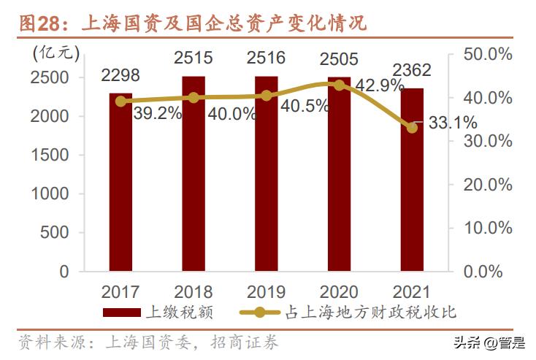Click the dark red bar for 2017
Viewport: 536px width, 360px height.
click(121, 183)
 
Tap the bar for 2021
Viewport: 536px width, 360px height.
click(412, 180)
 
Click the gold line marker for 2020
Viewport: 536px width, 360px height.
click(339, 85)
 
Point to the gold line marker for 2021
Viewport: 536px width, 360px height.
click(412, 128)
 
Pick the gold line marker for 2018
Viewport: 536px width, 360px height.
click(194, 97)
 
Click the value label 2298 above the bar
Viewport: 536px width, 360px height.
click(120, 75)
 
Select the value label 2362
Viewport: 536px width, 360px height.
click(411, 71)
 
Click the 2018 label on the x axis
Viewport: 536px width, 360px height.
click(194, 292)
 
